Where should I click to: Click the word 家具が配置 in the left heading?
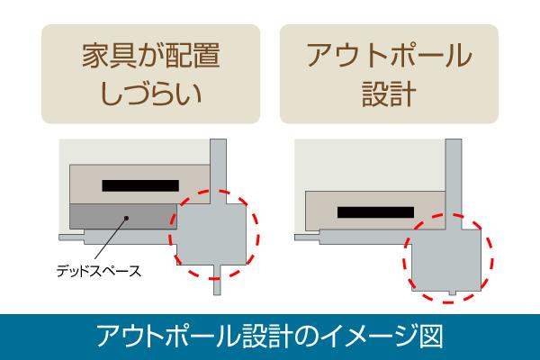point(151,55)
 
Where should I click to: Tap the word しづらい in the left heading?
point(151,93)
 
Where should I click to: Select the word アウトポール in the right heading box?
point(389,55)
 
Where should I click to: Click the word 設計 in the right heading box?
point(389,93)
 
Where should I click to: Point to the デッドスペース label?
point(99,271)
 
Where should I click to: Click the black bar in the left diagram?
point(140,185)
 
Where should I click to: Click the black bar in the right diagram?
point(375,212)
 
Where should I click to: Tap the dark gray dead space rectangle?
point(123,216)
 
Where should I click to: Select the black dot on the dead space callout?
point(126,218)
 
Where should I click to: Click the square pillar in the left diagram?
point(211,234)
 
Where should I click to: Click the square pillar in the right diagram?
point(446,260)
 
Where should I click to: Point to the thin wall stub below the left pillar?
point(217,280)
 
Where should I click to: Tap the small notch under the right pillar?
point(453,292)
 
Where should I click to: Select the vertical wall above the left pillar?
point(219,171)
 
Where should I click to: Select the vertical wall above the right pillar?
point(454,184)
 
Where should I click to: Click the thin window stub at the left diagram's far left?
point(72,238)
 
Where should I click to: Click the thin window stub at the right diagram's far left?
point(308,238)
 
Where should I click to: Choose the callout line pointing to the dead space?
point(111,238)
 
